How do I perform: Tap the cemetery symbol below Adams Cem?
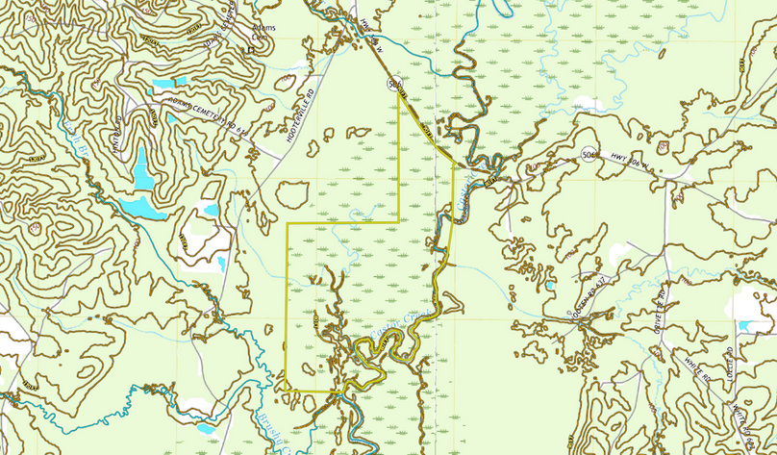pos(250,49)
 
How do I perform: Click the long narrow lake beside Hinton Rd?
pos(142,169)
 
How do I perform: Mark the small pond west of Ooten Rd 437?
pos(550,285)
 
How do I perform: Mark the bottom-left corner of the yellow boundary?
pos(288,390)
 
